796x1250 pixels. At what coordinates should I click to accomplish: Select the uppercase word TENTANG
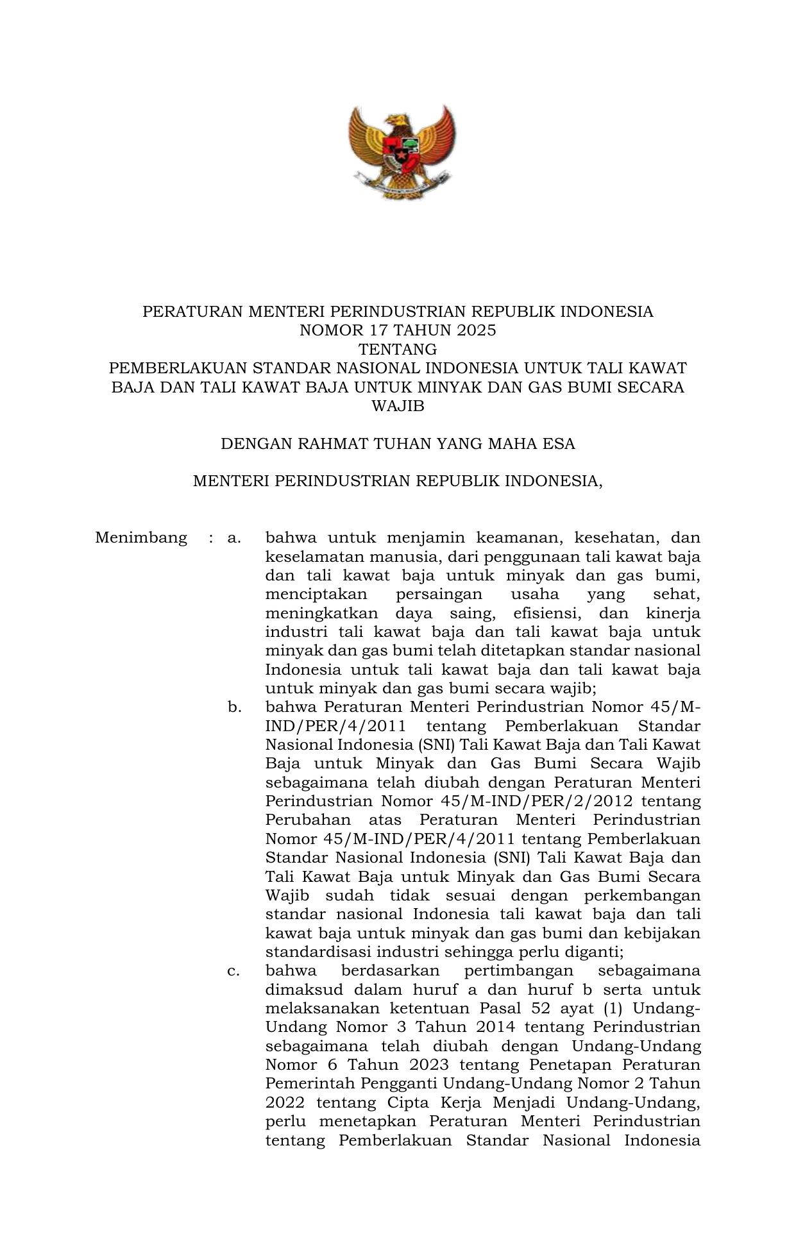coord(398,350)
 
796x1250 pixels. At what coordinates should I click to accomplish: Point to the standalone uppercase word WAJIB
coord(398,406)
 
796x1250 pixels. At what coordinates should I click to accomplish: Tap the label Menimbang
coord(141,537)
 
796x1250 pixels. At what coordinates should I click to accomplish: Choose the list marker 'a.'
coord(234,537)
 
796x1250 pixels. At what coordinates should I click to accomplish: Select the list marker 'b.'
coord(234,707)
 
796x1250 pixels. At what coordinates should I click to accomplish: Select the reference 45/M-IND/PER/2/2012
coord(537,802)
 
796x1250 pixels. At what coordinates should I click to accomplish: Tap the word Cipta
coord(409,1103)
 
